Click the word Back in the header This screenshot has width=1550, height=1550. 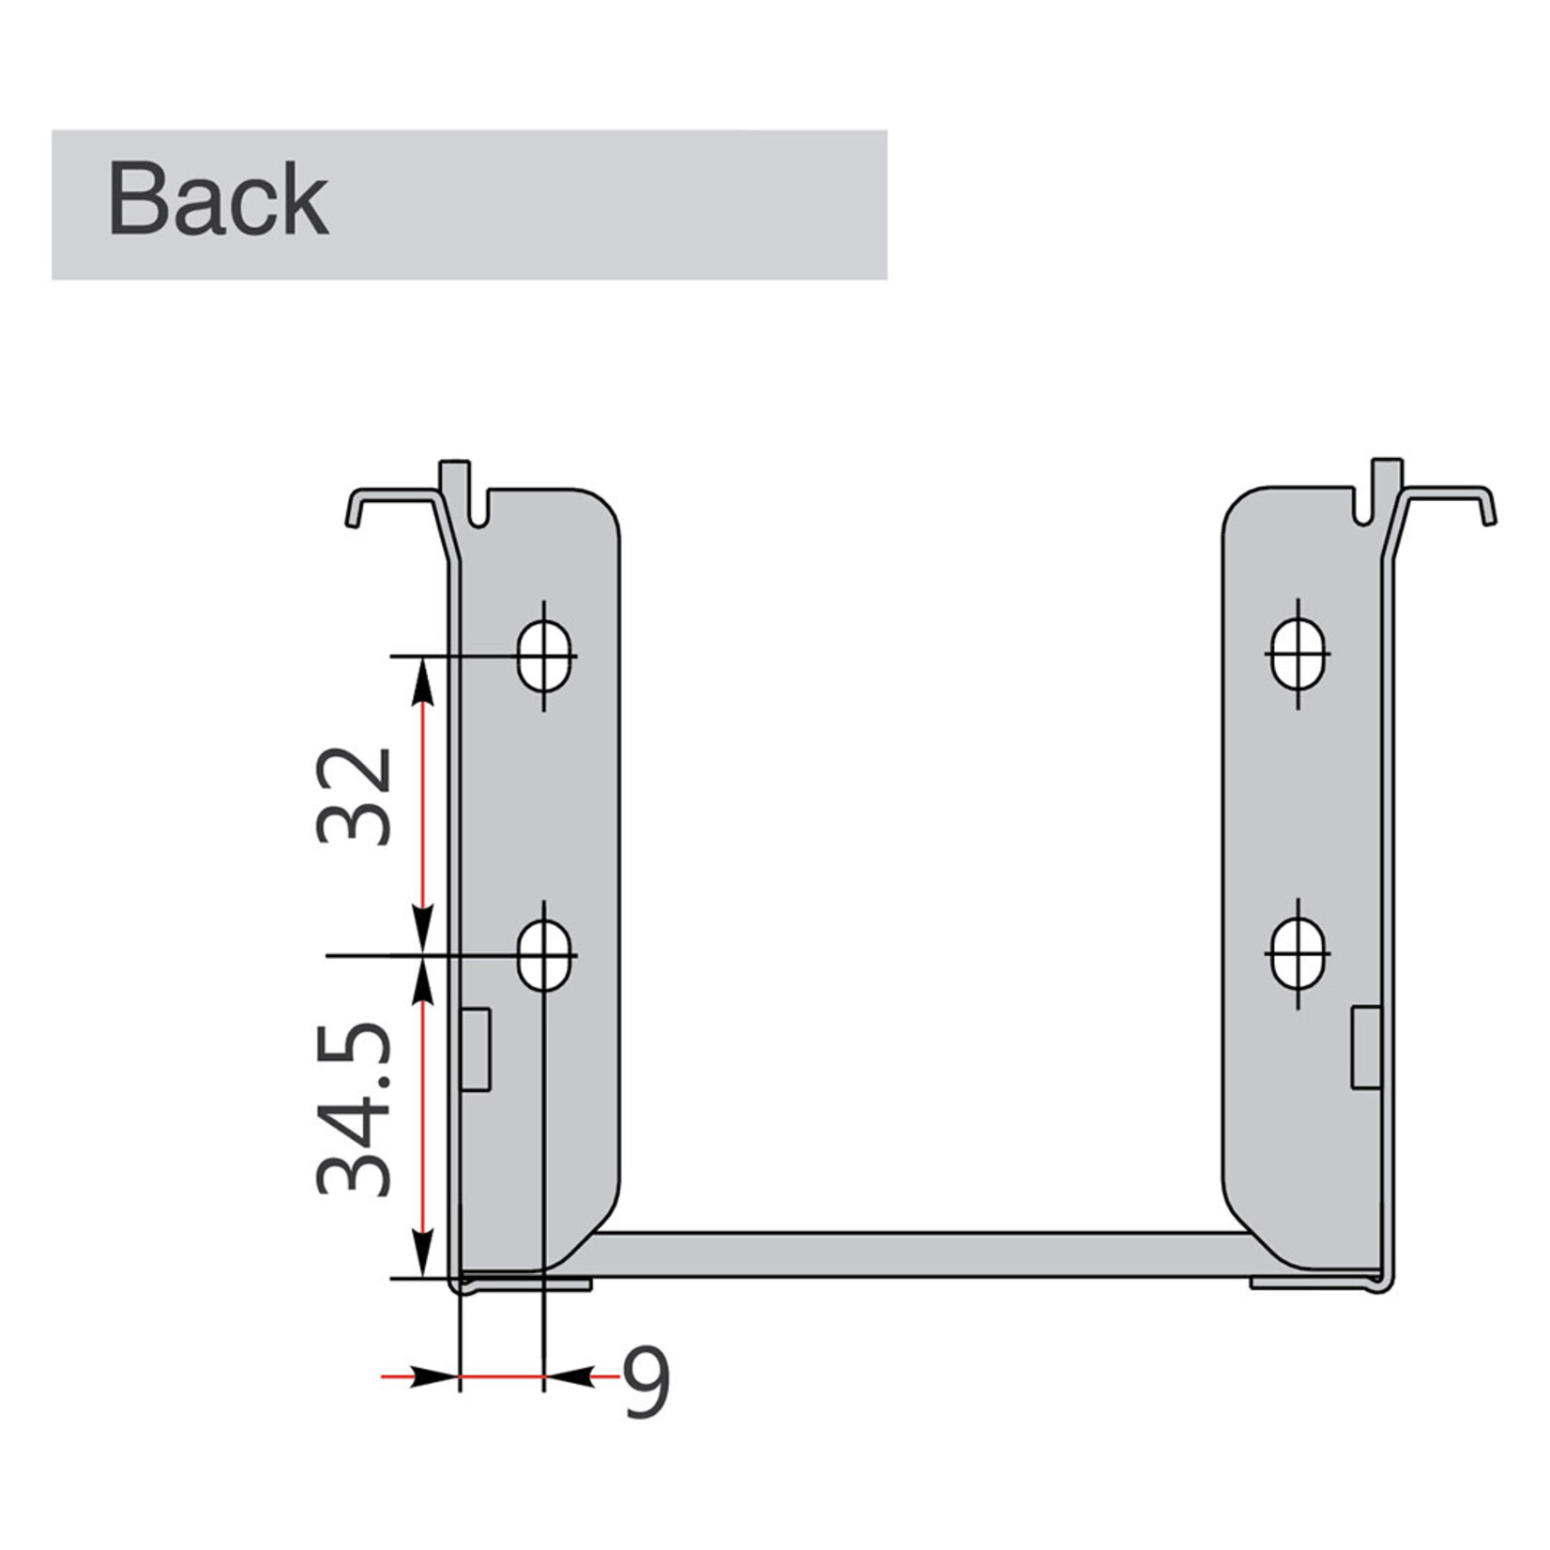(218, 200)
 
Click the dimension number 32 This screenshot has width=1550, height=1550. (355, 796)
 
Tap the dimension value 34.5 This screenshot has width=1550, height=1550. (355, 1109)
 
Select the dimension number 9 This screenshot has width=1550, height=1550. (646, 1383)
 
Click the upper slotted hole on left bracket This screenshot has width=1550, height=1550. (544, 654)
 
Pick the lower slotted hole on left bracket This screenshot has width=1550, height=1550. (544, 955)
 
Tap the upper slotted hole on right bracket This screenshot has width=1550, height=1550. (1299, 653)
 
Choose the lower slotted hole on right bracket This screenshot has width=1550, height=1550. (1299, 953)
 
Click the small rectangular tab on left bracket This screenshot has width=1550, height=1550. (476, 1049)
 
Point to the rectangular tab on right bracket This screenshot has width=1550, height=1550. (1365, 1047)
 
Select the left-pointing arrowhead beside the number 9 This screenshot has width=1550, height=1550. (570, 1376)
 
